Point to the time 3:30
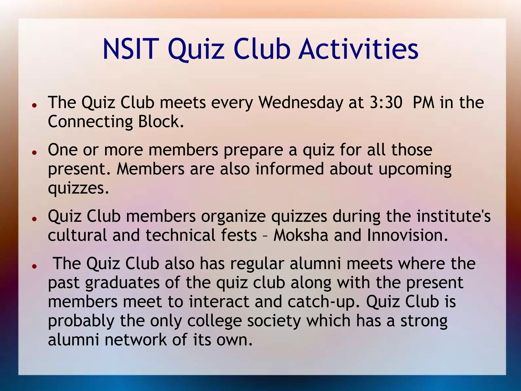(x=386, y=103)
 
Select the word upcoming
(x=415, y=170)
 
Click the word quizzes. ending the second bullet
(x=78, y=189)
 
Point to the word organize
(x=233, y=217)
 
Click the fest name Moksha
(x=301, y=235)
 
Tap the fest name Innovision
(x=407, y=235)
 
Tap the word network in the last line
(x=136, y=340)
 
